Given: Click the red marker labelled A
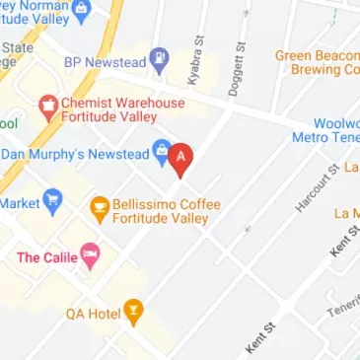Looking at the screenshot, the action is pos(180,158).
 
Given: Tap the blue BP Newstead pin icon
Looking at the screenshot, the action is pos(158,60).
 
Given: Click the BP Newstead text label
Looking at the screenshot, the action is pos(104,62).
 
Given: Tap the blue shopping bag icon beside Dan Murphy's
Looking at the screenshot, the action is pos(160,152).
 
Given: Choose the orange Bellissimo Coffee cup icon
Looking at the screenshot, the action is pos(99,207).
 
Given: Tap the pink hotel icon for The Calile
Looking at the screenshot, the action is pos(91,257).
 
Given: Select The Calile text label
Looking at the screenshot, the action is pos(46,257).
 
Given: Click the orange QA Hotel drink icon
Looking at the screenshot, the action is pos(132,314).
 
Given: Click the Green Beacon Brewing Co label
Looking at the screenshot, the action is pos(318,63).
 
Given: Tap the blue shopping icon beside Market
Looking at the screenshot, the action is pos(52,202).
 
